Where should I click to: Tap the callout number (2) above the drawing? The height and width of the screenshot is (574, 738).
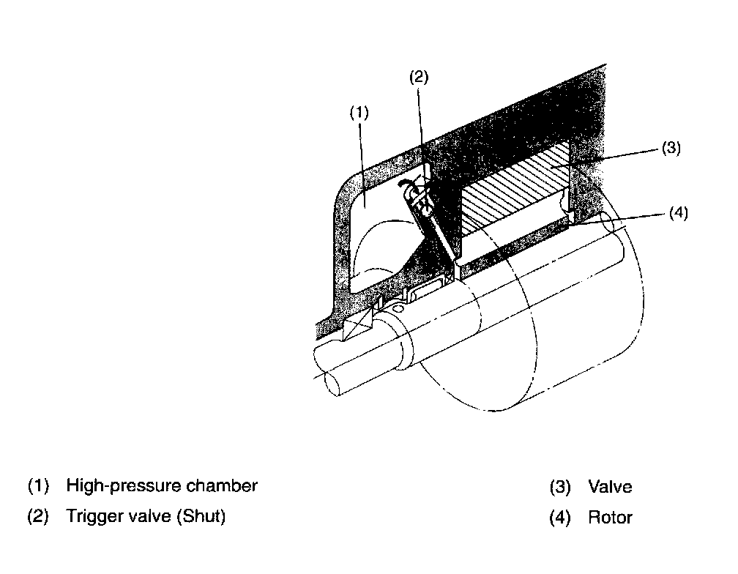tap(418, 78)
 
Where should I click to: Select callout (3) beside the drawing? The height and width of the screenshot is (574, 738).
tap(671, 148)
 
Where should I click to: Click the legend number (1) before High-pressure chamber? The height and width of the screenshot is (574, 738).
tap(38, 485)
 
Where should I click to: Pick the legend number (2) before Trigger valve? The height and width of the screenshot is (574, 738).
tap(38, 516)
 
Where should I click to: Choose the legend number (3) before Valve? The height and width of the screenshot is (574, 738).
tap(559, 487)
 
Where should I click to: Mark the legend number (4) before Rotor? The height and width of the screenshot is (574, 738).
tap(559, 518)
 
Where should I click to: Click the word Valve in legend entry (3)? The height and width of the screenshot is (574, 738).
tap(609, 487)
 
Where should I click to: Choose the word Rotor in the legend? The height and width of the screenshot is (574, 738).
tap(610, 518)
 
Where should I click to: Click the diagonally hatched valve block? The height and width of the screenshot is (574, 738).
tap(512, 194)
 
